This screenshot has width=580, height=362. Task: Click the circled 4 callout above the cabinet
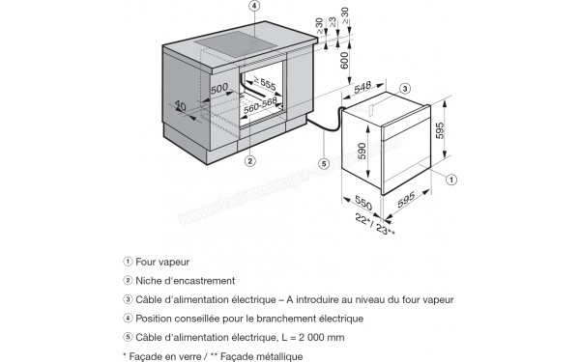254,6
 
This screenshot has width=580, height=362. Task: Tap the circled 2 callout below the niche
248,160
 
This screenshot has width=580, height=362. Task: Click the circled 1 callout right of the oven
449,178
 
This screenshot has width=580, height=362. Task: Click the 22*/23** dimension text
375,224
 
